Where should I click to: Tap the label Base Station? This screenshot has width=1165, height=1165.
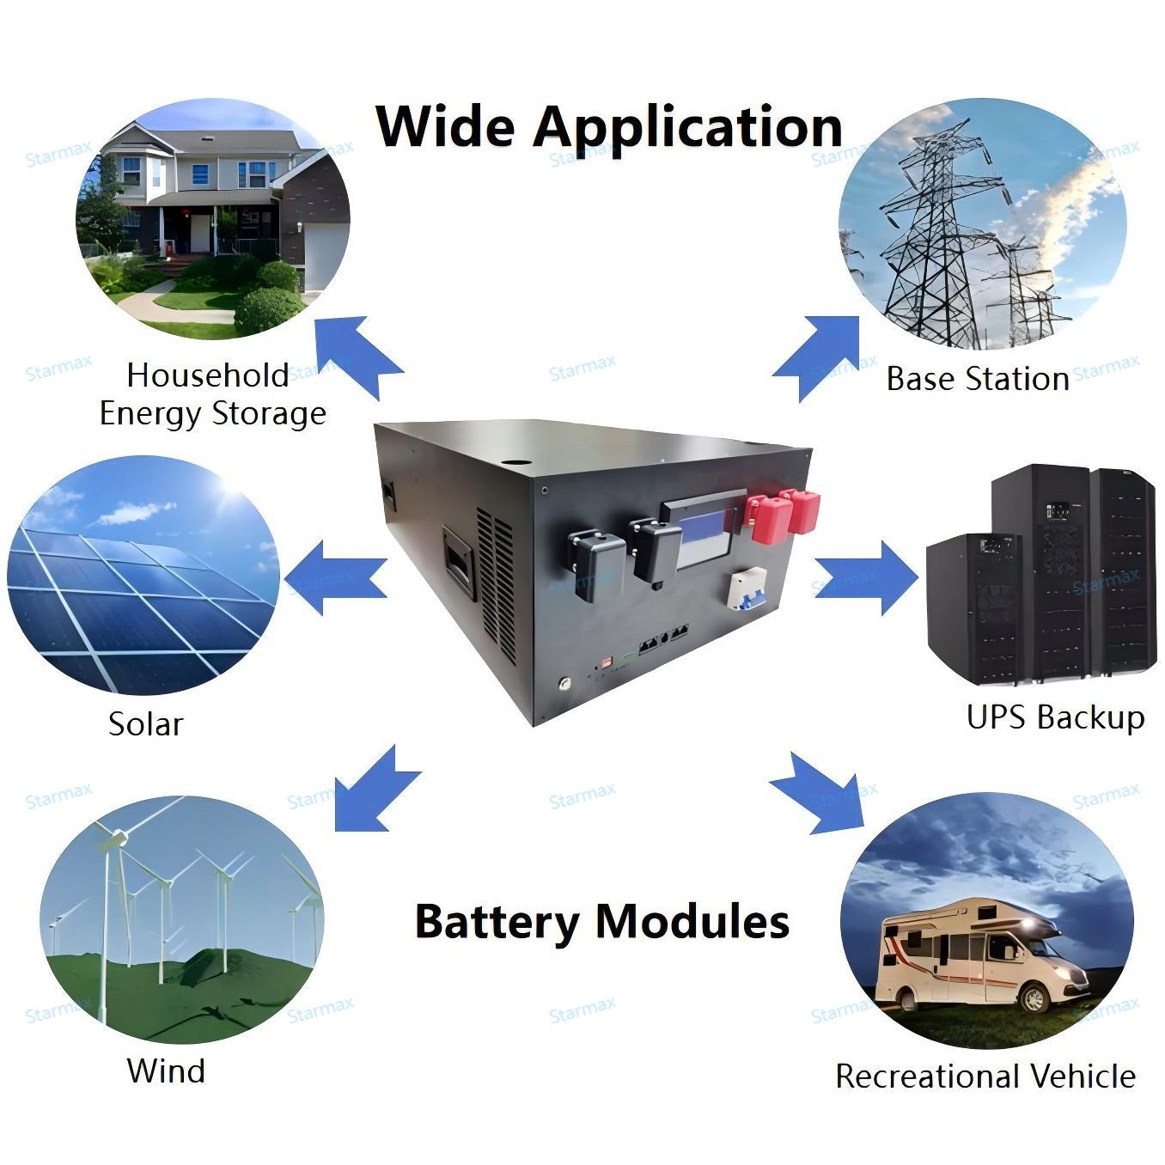(978, 379)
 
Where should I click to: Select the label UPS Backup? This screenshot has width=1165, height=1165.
(1056, 718)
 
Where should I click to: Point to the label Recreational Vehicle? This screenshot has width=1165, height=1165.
(985, 1077)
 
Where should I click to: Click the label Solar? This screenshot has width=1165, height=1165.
(146, 723)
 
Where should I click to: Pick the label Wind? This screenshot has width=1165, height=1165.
(167, 1070)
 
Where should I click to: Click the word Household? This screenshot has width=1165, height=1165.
(207, 375)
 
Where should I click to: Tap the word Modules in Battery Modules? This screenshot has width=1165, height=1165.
(692, 921)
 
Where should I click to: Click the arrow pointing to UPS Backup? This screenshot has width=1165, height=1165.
(866, 578)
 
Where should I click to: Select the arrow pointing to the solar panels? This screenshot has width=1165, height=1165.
(336, 578)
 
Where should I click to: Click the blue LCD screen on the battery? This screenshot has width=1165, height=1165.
(706, 539)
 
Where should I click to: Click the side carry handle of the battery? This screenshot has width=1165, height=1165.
(460, 562)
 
